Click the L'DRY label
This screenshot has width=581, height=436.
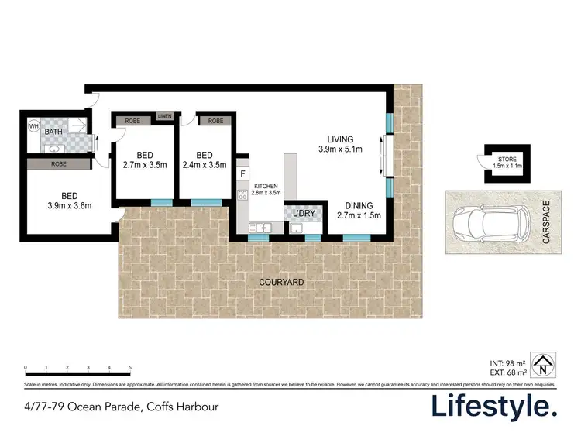point(300,211)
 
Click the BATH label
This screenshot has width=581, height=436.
point(54,132)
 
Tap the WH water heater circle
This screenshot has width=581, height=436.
point(33,125)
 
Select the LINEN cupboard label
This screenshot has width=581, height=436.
point(164,117)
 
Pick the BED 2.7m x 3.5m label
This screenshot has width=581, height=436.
point(145,159)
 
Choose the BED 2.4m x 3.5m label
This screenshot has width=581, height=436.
point(205,159)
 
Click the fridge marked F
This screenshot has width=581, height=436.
point(242,174)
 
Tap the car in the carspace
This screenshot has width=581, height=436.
point(493,224)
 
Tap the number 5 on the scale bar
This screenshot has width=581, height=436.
point(130,368)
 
